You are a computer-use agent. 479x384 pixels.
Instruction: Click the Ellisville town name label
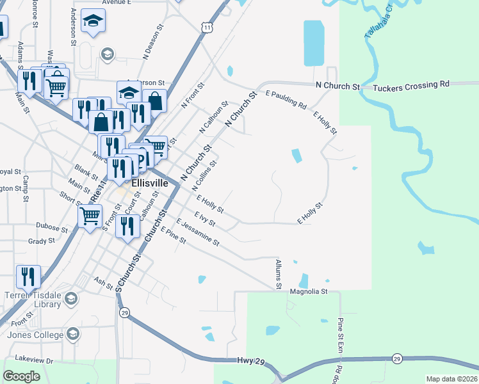[x=149, y=182]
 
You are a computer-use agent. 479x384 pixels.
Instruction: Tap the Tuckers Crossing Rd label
[x=410, y=84]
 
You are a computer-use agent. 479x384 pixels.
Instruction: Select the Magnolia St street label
[x=309, y=291]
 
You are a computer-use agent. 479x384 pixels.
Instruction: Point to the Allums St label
[x=279, y=275]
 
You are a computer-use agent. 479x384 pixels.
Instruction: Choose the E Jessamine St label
[x=199, y=234]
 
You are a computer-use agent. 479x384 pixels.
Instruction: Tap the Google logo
[x=22, y=376]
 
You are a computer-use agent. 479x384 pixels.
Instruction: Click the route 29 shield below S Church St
[x=124, y=312]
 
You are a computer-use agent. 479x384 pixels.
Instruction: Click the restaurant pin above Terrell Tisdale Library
[x=28, y=276]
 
